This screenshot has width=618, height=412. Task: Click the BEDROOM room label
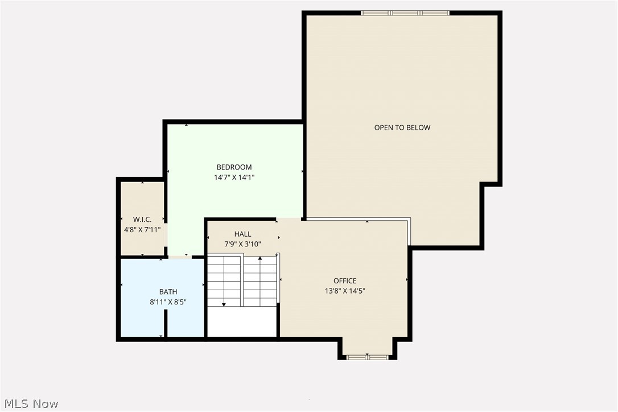pyautogui.click(x=234, y=167)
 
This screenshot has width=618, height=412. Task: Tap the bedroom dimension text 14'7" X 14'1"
pyautogui.click(x=234, y=178)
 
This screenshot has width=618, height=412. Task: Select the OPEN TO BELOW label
pyautogui.click(x=402, y=127)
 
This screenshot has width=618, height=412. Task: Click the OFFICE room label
pyautogui.click(x=345, y=281)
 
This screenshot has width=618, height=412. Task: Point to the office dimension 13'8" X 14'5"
pyautogui.click(x=345, y=291)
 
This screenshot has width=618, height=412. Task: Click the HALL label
pyautogui.click(x=242, y=234)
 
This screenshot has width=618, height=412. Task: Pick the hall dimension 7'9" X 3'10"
pyautogui.click(x=242, y=244)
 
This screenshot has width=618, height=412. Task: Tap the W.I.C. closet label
pyautogui.click(x=142, y=220)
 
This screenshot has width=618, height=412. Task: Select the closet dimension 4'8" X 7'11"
pyautogui.click(x=142, y=230)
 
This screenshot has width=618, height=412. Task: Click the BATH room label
pyautogui.click(x=168, y=292)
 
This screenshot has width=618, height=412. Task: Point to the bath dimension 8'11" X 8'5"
pyautogui.click(x=168, y=302)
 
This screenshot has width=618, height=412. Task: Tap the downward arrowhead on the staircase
pyautogui.click(x=224, y=304)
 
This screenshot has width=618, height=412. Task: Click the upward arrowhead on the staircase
pyautogui.click(x=260, y=258)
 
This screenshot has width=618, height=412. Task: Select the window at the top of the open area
pyautogui.click(x=405, y=13)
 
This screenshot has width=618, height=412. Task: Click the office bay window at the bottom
pyautogui.click(x=367, y=357)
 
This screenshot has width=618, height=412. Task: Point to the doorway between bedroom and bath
pyautogui.click(x=180, y=257)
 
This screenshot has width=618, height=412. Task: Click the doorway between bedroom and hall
pyautogui.click(x=289, y=219)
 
